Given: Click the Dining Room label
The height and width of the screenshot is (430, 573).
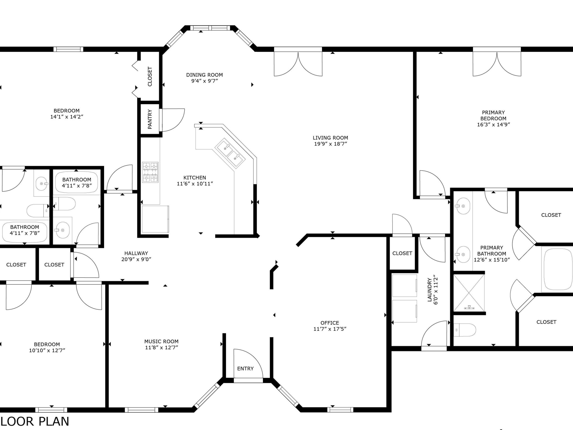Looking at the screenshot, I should click(204, 75).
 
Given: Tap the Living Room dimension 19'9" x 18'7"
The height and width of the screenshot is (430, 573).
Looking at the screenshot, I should click(330, 144).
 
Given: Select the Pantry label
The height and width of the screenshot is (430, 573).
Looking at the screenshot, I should click(150, 119).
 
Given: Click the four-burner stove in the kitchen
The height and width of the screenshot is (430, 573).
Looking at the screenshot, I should click(150, 172).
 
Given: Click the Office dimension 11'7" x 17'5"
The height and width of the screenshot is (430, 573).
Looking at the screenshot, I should click(330, 329).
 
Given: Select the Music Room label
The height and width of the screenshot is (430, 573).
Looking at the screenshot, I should click(161, 341).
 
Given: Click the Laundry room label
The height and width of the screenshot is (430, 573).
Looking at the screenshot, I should click(430, 290).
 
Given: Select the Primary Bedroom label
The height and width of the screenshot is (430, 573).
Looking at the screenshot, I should click(493, 115).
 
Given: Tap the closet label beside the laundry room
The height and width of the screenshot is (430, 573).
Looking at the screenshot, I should click(402, 253).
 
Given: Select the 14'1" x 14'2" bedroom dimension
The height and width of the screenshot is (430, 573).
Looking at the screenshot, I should click(67, 117).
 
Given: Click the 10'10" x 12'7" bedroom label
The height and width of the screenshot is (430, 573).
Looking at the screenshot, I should click(47, 344).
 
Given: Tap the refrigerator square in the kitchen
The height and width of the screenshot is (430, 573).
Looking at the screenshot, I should click(155, 219).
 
